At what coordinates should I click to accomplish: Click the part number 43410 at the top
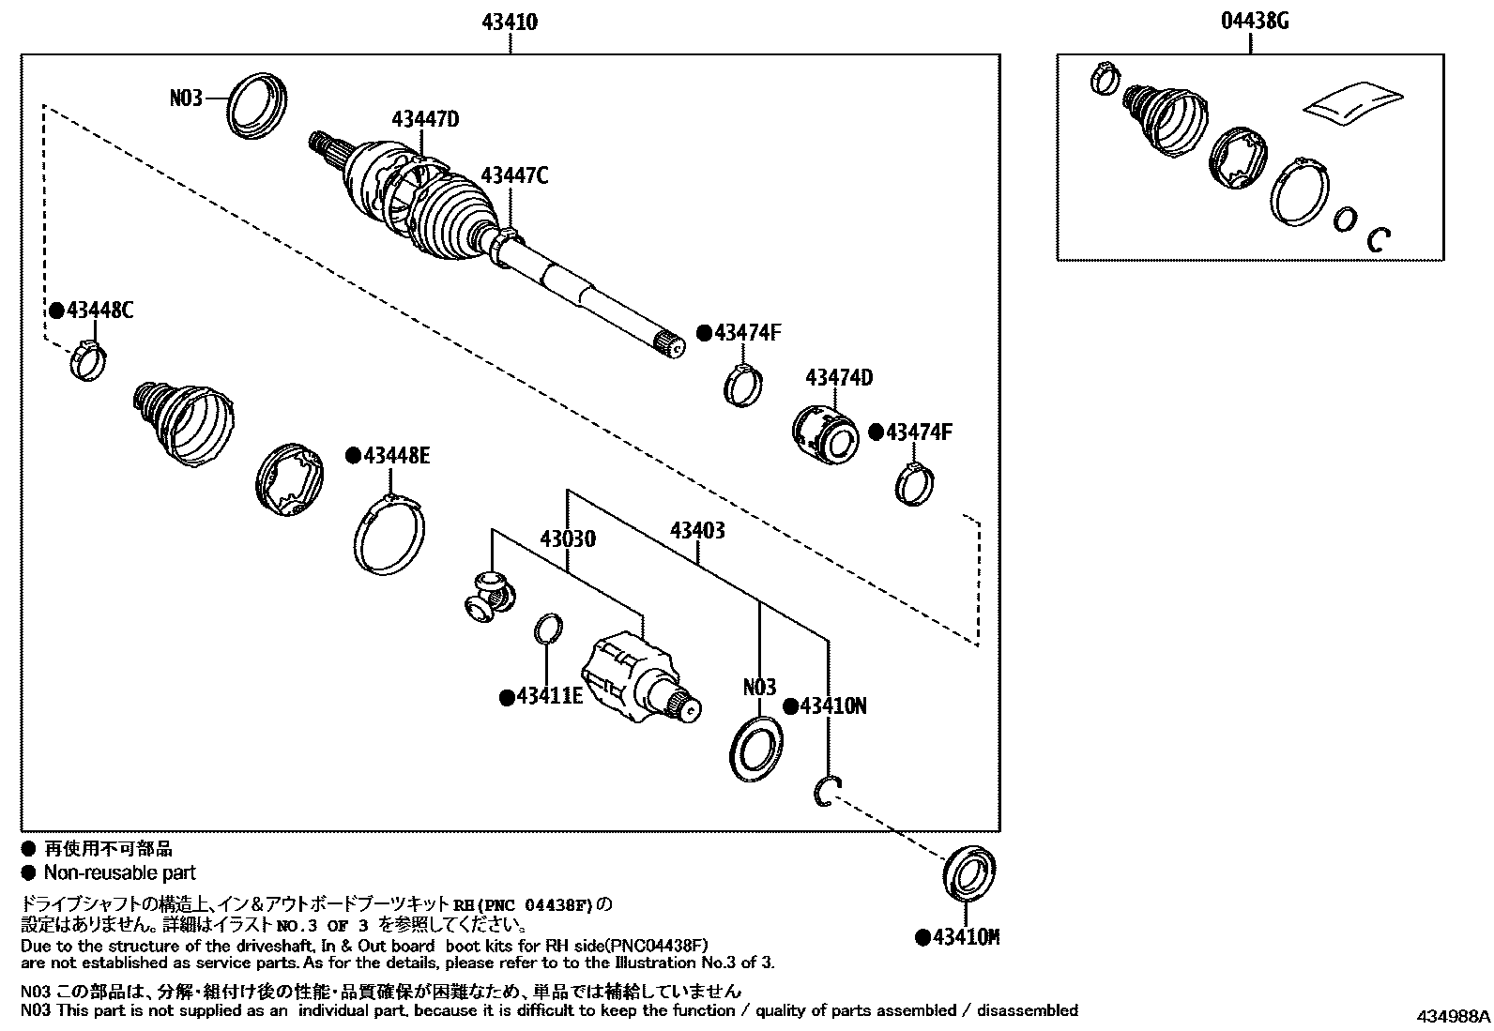tap(511, 21)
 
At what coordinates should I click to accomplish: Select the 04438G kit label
tap(1256, 21)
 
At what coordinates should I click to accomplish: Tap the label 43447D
tap(425, 119)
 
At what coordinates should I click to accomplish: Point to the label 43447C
tap(514, 175)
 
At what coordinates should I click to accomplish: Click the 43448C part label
tap(99, 311)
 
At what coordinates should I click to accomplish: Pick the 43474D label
tap(839, 378)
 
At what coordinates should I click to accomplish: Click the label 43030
tap(567, 539)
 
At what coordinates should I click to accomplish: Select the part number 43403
tap(697, 531)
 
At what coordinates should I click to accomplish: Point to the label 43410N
tap(832, 705)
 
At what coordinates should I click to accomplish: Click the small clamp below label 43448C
tap(87, 361)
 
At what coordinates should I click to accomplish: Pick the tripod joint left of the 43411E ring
tap(489, 596)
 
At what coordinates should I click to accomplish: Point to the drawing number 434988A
tap(1454, 1016)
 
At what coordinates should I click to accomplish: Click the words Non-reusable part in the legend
tap(120, 872)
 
